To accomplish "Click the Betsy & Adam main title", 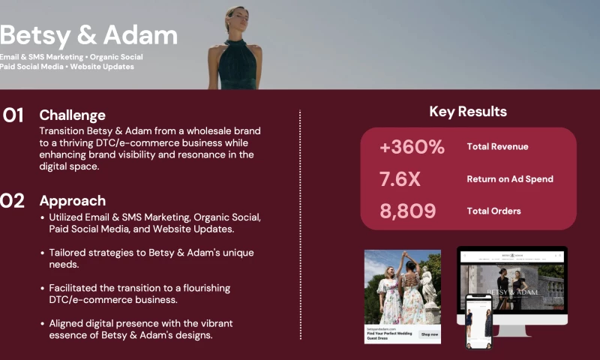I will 88,35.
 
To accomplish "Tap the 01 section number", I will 13,115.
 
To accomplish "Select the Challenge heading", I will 72,115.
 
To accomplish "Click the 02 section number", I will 13,201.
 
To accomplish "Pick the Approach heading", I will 72,201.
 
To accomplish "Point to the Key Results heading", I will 468,112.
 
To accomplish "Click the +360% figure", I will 412,147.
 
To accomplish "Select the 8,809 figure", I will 407,211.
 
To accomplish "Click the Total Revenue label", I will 497,147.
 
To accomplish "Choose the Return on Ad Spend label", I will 510,179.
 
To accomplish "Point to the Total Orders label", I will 493,211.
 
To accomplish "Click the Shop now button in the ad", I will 429,334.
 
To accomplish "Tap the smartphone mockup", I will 478,321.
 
